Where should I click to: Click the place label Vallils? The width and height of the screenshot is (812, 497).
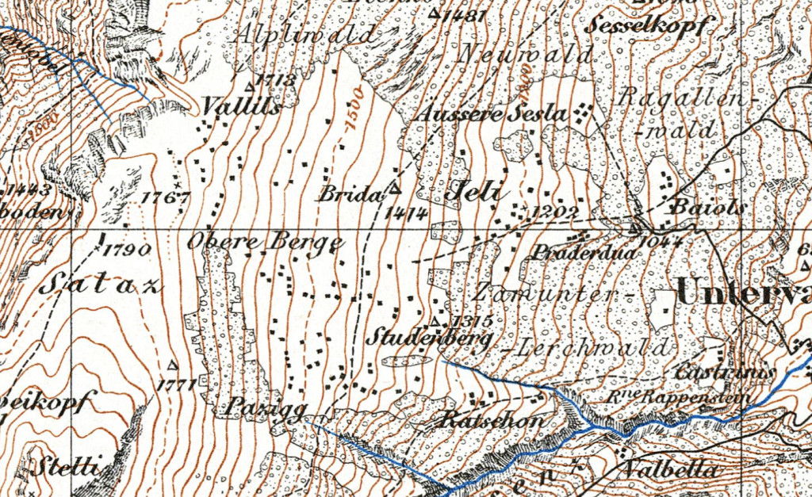pos(241,106)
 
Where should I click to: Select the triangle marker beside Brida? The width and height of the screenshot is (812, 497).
pos(393,189)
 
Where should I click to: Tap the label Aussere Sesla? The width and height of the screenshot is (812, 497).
pos(492,113)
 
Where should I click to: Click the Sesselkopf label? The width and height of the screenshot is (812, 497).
pos(649,26)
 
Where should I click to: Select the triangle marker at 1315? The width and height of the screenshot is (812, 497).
pos(435,321)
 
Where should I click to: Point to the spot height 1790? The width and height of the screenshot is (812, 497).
pos(128,250)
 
